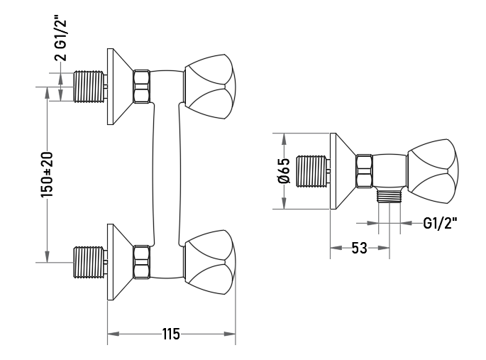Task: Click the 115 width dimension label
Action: pos(171,334)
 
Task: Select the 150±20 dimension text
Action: pos(47,174)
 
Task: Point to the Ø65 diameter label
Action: pos(285,171)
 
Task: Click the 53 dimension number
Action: pos(359,248)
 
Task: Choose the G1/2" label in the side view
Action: pos(440,223)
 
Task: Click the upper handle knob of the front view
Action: pos(209,87)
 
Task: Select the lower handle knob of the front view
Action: pos(209,262)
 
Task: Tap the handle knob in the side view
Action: pos(433,171)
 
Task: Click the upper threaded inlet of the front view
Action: pos(89,87)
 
